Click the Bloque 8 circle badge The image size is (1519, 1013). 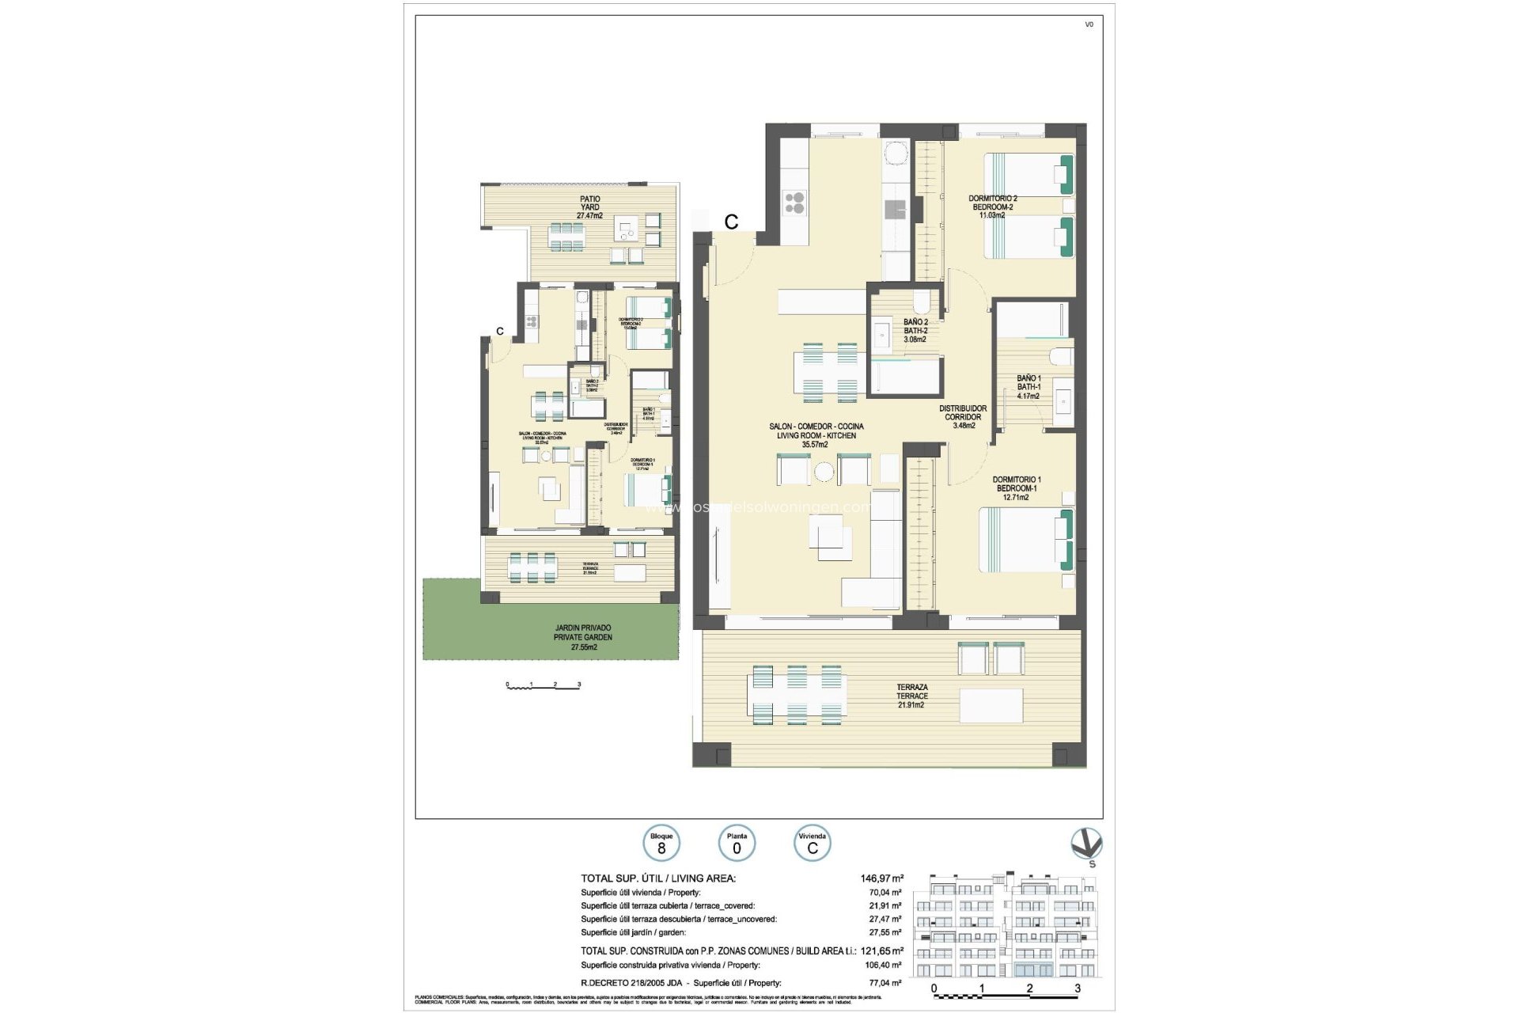(661, 844)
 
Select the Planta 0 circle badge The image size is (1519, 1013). (737, 844)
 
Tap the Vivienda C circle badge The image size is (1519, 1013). (812, 844)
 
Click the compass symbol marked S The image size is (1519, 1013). (1086, 845)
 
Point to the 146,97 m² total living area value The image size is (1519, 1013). (881, 878)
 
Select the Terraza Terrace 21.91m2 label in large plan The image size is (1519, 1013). (911, 696)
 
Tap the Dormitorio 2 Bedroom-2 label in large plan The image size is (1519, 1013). (992, 207)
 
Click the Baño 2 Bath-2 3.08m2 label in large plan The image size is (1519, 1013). (915, 331)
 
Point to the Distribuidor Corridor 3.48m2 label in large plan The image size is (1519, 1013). (963, 417)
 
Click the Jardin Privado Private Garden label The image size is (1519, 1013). (583, 637)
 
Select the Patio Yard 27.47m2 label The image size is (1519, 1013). (589, 207)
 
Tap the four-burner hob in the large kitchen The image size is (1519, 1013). (794, 203)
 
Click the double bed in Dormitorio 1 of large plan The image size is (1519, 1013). (1025, 539)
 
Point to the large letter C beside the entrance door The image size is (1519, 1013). (731, 222)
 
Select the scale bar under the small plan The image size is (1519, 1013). (544, 685)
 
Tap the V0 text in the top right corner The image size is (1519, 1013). (1089, 25)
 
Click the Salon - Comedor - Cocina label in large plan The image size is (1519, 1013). (816, 435)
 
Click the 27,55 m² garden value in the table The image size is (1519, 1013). (886, 932)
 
